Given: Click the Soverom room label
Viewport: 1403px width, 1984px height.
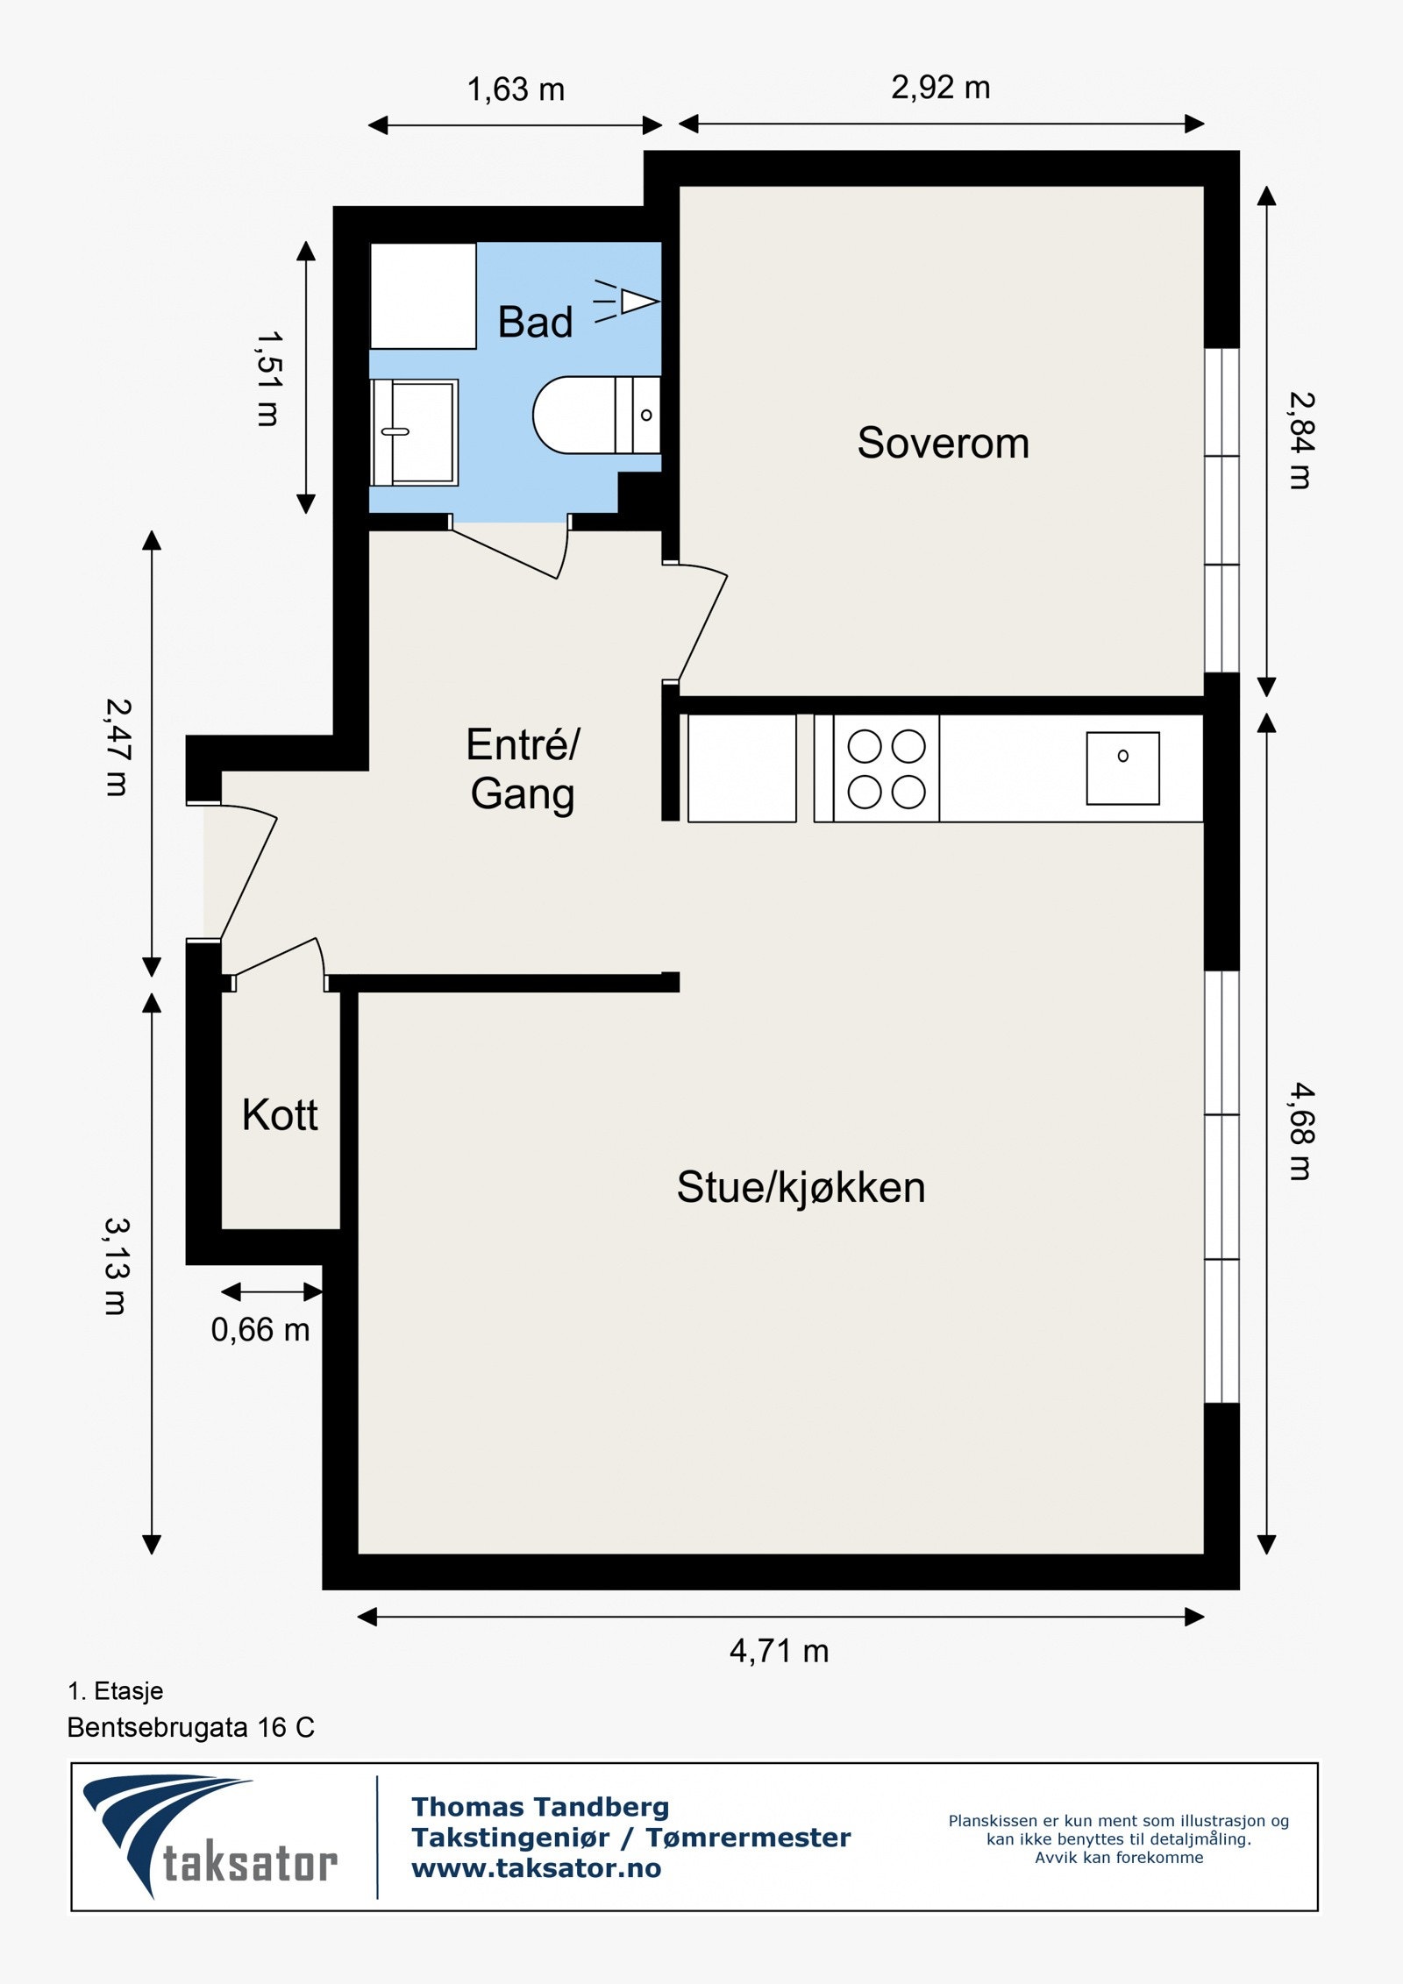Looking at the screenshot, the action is (x=943, y=443).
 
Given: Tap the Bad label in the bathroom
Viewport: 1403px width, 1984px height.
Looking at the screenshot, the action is (x=535, y=322).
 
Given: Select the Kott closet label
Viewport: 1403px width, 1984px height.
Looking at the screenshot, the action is (x=280, y=1115).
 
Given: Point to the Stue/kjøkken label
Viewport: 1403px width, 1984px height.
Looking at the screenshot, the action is (x=801, y=1188).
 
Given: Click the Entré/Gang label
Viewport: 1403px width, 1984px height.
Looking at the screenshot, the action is (x=523, y=770).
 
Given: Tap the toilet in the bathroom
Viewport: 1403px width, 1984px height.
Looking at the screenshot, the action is (x=596, y=415).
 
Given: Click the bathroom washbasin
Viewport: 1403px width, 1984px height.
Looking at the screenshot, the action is (x=414, y=432).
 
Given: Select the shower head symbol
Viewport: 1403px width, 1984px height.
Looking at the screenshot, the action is (x=627, y=302).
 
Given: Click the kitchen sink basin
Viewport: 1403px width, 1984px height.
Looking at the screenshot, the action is (x=1122, y=768).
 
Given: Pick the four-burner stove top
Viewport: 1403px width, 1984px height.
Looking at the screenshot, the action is (x=886, y=768).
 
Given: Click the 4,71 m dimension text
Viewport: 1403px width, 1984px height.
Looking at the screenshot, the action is (x=779, y=1651).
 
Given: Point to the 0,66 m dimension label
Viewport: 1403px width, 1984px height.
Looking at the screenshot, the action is (x=260, y=1330).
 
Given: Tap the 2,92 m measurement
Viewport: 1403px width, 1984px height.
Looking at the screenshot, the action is (x=941, y=88).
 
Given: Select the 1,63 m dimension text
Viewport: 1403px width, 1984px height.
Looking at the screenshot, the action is (x=516, y=89).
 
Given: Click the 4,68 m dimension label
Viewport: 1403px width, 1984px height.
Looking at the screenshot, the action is (x=1301, y=1131).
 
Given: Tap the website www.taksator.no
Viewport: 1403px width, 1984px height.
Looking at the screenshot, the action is (x=537, y=1868).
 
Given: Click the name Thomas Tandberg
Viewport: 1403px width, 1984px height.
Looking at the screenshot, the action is (x=540, y=1807).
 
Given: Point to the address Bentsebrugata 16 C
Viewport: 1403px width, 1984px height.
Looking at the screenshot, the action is (x=190, y=1727).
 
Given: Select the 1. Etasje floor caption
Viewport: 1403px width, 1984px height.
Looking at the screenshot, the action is (x=116, y=1690).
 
